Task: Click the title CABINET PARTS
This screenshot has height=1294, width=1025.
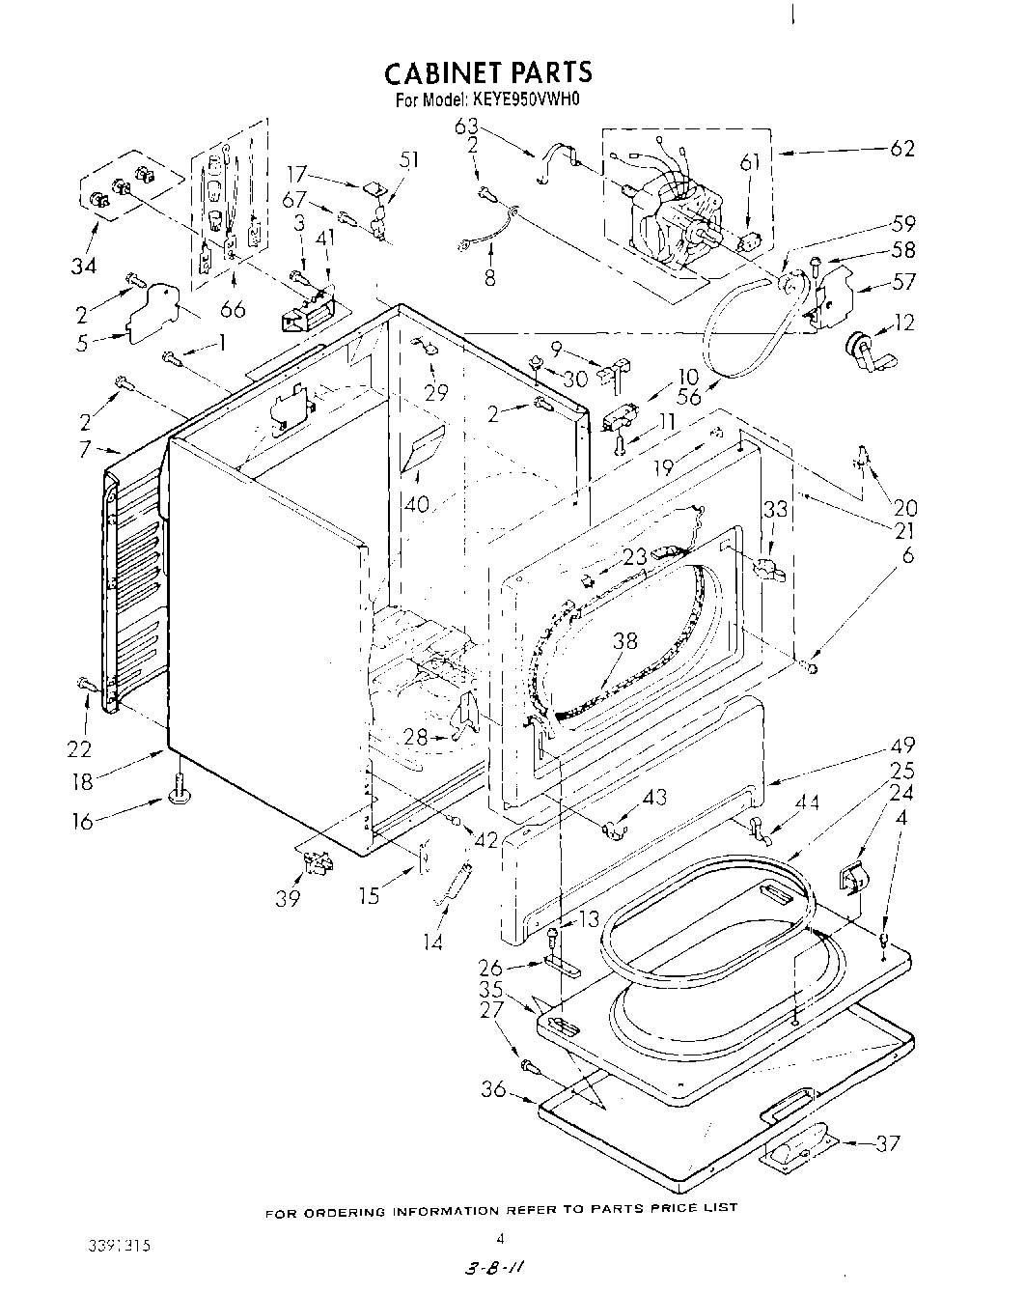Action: tap(487, 72)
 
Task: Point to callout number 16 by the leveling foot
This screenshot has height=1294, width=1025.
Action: tap(85, 822)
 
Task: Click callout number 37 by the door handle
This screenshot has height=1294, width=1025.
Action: tap(887, 1143)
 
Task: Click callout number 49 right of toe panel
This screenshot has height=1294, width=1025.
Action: tap(901, 745)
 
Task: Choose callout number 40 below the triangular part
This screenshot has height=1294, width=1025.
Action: tap(418, 503)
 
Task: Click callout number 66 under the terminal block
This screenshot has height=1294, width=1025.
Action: tap(233, 309)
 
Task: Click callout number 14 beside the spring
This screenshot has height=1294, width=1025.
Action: tap(434, 942)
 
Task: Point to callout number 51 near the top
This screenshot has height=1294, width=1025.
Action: tap(409, 160)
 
